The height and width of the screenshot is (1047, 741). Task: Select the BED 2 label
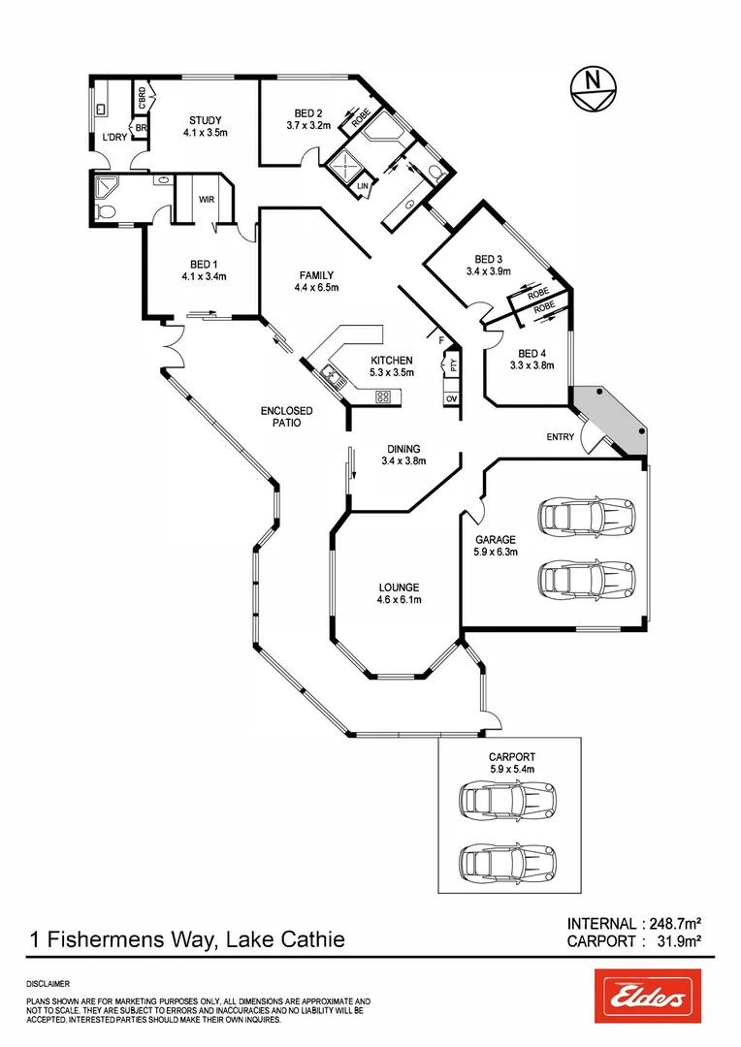(307, 113)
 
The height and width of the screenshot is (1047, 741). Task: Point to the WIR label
(207, 201)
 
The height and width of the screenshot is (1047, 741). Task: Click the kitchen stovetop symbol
(383, 396)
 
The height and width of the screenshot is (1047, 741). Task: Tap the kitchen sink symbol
(333, 375)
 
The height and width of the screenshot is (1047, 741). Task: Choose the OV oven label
(451, 397)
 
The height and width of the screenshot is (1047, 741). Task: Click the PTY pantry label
(451, 365)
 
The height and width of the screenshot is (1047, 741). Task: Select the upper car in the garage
(586, 515)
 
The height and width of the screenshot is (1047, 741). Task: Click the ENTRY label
(561, 437)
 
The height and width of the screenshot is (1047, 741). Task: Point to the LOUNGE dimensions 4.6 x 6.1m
(399, 599)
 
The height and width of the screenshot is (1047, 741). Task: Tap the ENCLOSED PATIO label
(287, 417)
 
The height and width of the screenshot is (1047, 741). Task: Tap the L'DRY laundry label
(114, 138)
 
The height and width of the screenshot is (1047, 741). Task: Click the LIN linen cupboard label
(364, 185)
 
